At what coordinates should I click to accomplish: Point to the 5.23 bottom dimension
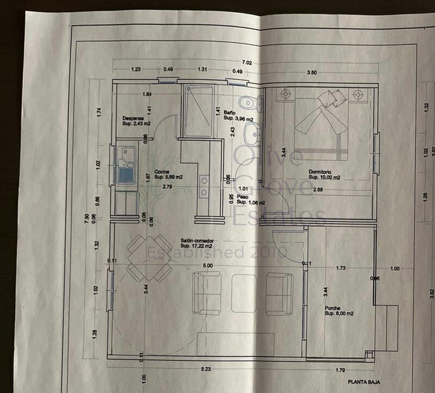point(206,370)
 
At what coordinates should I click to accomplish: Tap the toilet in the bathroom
point(251,102)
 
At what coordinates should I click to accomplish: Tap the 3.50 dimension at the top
point(312,72)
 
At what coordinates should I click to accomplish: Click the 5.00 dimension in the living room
point(207,266)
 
